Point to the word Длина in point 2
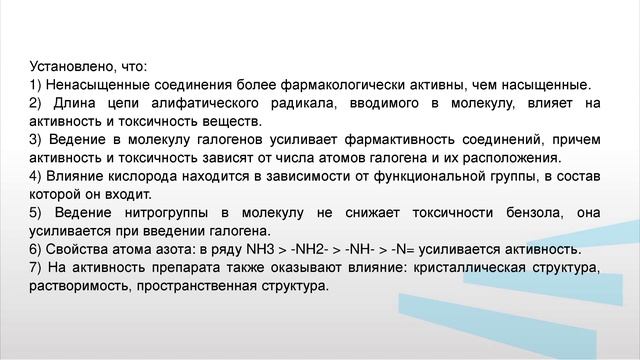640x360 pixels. [76, 102]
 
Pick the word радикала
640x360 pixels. [337, 102]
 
